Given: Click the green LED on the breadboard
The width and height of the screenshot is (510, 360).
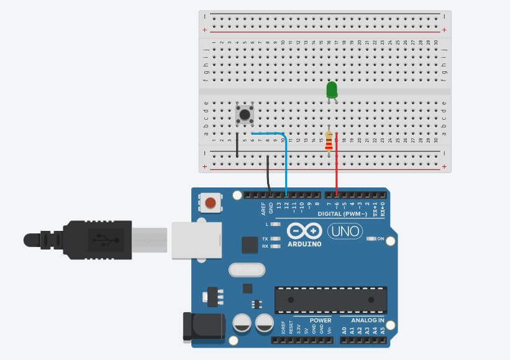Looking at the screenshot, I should tap(332, 89).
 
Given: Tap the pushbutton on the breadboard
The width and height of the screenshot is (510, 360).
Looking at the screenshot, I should tap(245, 114).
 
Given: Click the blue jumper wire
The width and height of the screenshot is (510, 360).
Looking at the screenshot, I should tap(285, 161).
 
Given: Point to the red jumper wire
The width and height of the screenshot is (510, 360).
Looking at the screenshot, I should tap(337, 164).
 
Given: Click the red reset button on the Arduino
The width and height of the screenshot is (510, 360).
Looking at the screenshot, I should tap(211, 202).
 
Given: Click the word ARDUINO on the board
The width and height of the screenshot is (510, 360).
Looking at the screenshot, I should tap(305, 244).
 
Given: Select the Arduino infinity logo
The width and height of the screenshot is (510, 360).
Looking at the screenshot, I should tap(304, 232).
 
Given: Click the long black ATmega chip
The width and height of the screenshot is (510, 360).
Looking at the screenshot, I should tap(331, 300).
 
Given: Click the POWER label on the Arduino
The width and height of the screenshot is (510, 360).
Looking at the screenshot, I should tap(321, 320).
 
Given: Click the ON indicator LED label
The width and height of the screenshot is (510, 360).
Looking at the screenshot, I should tap(381, 239).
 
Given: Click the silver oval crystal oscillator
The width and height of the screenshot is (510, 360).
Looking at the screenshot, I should tap(247, 269).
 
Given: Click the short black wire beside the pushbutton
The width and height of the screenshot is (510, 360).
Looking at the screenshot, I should tap(237, 145).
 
